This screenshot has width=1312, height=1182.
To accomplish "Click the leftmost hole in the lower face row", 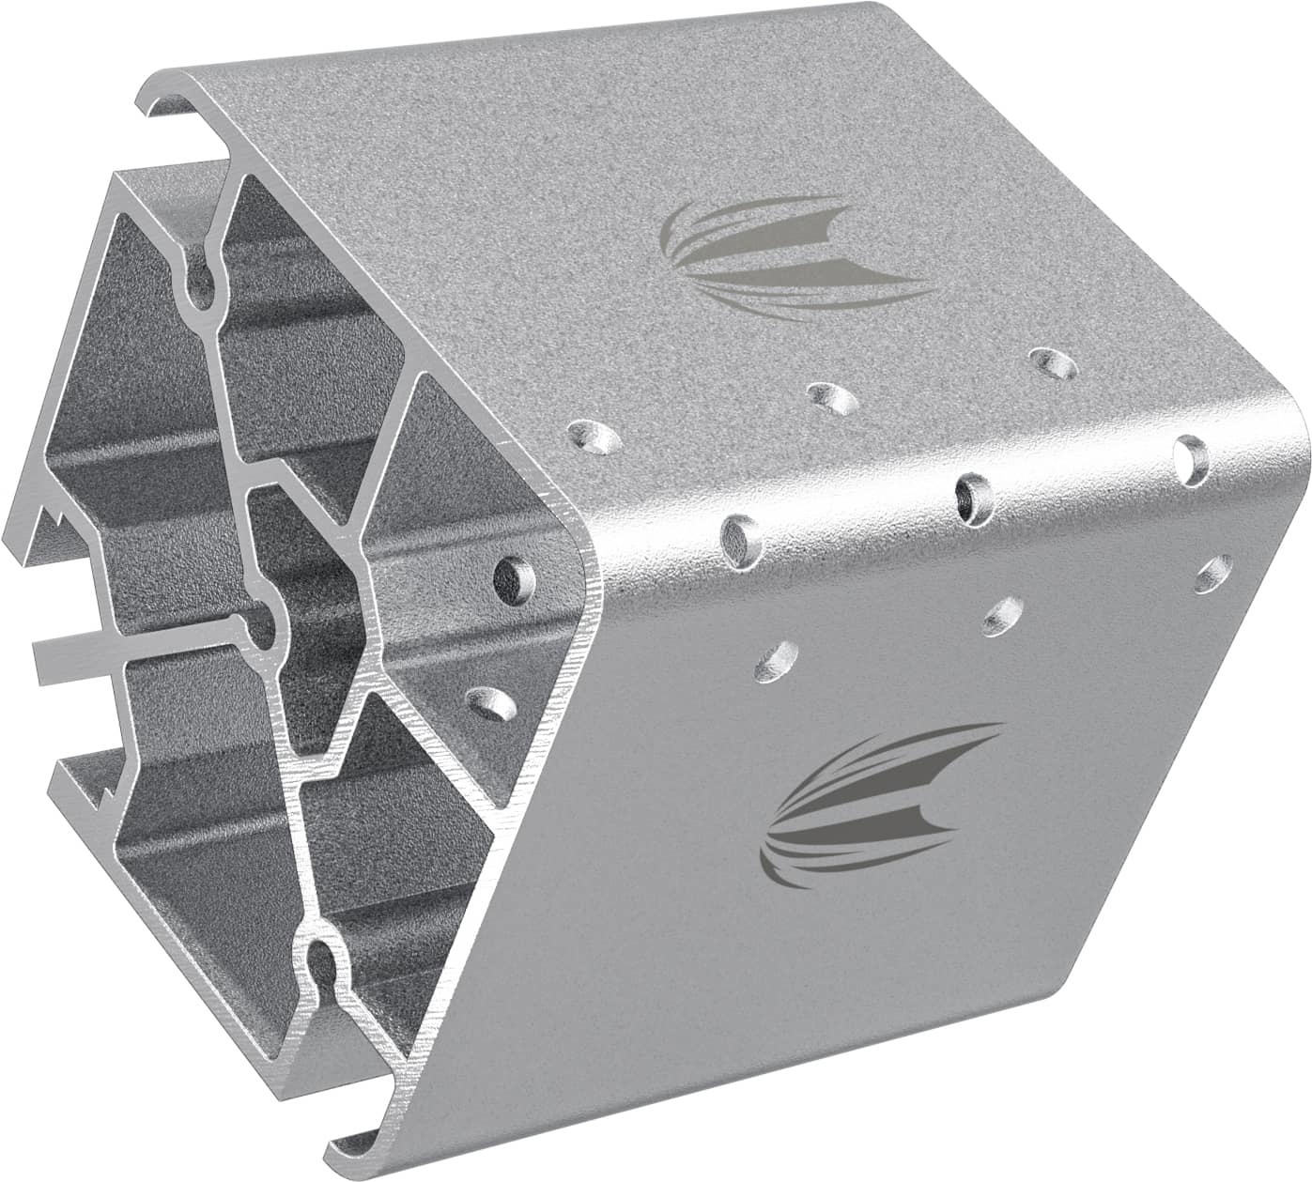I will [776, 659].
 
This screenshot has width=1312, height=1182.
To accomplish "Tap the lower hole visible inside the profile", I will [492, 703].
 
